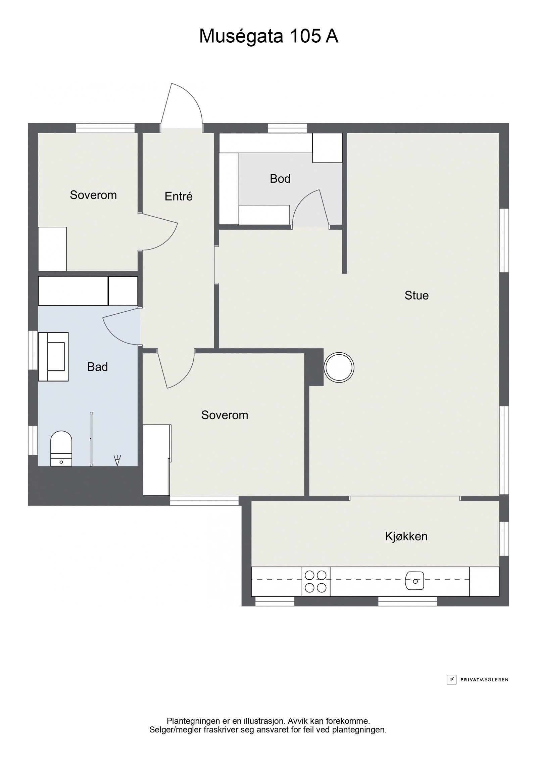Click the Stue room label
click(x=417, y=296)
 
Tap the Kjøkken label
click(x=406, y=536)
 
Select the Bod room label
click(x=280, y=179)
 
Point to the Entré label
click(x=179, y=196)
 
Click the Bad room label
click(x=97, y=367)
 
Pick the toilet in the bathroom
click(x=61, y=448)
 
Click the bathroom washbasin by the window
click(x=53, y=357)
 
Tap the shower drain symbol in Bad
click(x=117, y=460)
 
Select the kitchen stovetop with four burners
click(x=315, y=581)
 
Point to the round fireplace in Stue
click(x=339, y=367)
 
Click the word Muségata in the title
click(x=241, y=37)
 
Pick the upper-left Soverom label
click(x=93, y=195)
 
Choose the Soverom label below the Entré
click(x=225, y=415)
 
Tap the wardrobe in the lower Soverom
click(x=157, y=460)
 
